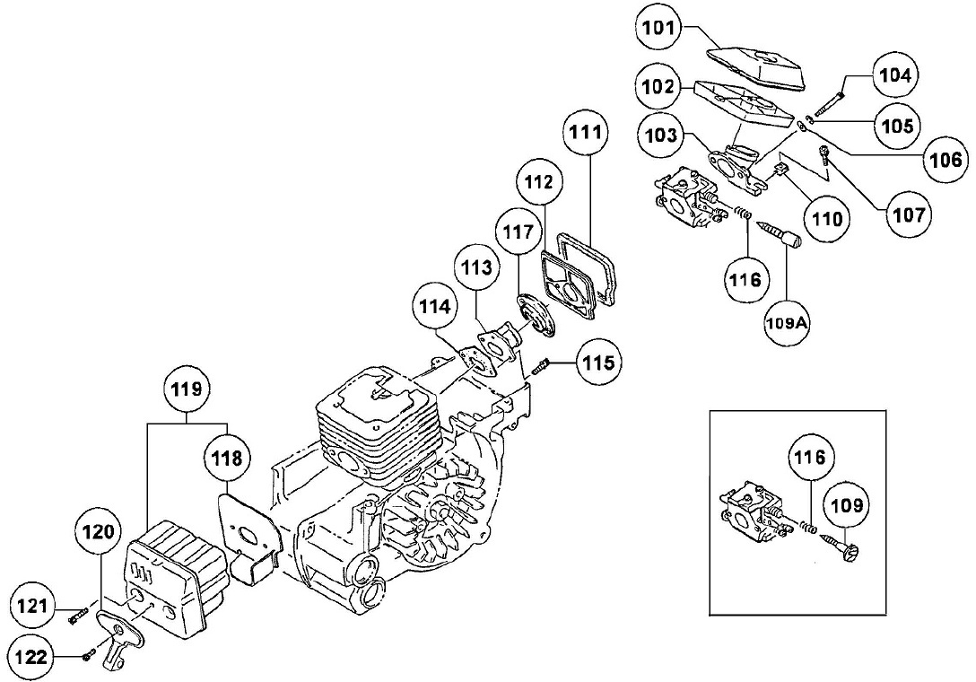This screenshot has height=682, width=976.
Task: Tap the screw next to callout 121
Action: click(76, 616)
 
